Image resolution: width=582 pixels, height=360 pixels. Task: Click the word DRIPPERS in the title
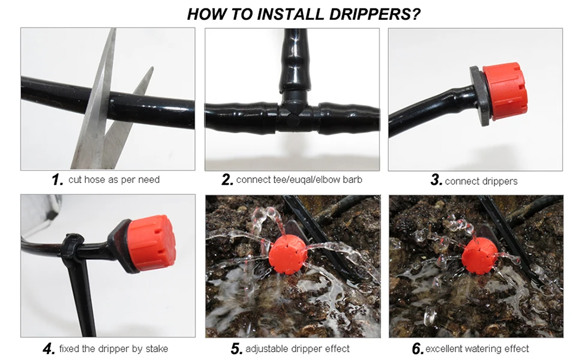pyautogui.click(x=374, y=14)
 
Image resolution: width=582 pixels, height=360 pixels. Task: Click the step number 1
pyautogui.click(x=58, y=180)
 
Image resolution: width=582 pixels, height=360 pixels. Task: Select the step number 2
pyautogui.click(x=227, y=180)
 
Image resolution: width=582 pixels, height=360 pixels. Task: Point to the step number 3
pyautogui.click(x=436, y=180)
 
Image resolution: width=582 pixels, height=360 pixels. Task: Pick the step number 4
pyautogui.click(x=49, y=349)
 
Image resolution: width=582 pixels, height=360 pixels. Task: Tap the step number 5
pyautogui.click(x=236, y=349)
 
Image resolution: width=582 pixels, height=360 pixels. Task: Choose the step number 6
pyautogui.click(x=418, y=349)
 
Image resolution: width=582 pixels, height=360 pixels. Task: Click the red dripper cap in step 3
pyautogui.click(x=505, y=91)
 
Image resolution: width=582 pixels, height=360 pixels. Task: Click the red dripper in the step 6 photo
pyautogui.click(x=479, y=256)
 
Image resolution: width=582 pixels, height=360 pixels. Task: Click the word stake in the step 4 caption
pyautogui.click(x=157, y=349)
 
